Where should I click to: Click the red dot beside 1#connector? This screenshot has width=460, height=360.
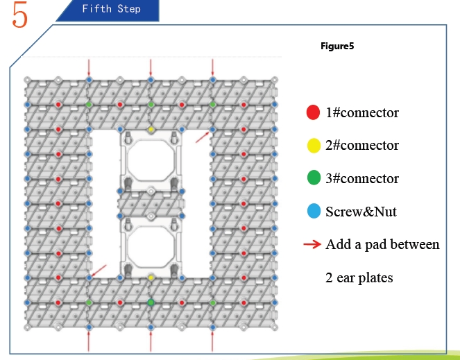tap(312, 112)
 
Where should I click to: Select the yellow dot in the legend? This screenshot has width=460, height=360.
tap(312, 146)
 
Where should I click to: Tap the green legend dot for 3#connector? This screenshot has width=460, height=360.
tap(312, 179)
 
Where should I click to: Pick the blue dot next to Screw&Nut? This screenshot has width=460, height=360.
tap(312, 212)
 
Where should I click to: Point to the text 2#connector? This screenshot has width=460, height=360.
tap(362, 146)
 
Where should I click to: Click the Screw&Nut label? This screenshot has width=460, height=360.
tap(361, 212)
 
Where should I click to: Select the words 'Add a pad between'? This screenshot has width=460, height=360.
tap(382, 245)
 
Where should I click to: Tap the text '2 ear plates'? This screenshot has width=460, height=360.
tap(359, 278)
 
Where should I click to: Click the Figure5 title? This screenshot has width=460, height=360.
tap(337, 48)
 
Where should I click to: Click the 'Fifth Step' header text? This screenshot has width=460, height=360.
tap(111, 9)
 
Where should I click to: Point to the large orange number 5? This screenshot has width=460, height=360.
tap(20, 17)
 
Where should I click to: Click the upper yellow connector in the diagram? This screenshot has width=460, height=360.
tap(151, 130)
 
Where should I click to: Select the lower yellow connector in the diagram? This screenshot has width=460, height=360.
tap(151, 277)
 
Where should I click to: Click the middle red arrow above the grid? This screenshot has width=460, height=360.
tap(151, 67)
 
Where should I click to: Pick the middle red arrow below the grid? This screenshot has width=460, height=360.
tap(151, 341)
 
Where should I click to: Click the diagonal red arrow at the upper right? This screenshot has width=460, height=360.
tap(203, 137)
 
